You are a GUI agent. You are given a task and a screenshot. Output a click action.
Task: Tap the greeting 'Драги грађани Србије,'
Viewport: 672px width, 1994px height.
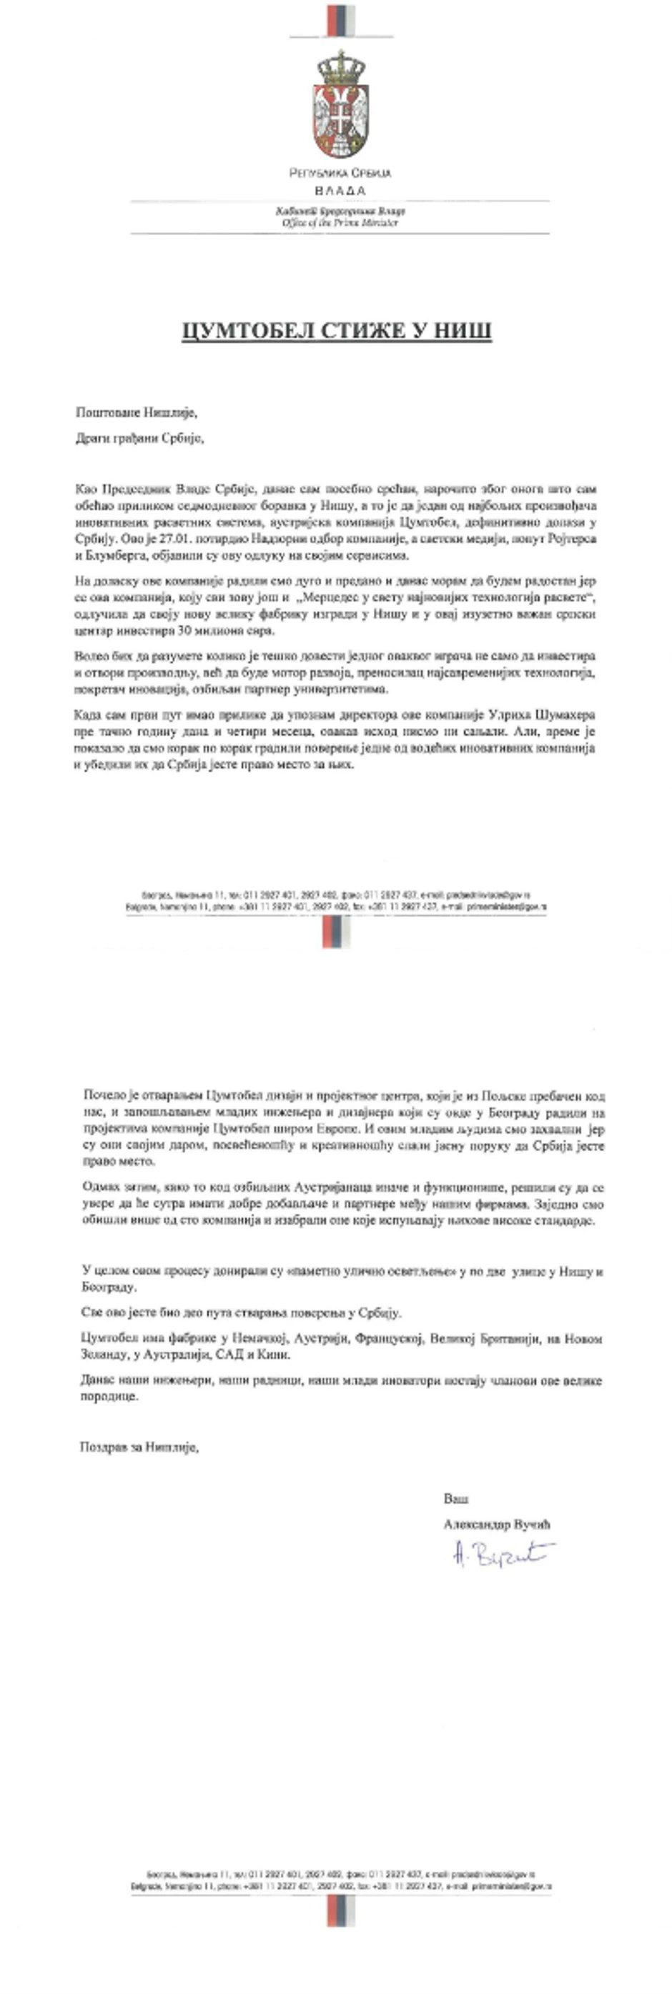coord(139,438)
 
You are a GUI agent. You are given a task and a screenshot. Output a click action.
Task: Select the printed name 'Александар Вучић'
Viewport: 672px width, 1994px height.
coord(496,1524)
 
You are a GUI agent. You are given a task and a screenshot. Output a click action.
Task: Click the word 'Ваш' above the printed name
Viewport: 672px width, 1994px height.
coord(456,1499)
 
